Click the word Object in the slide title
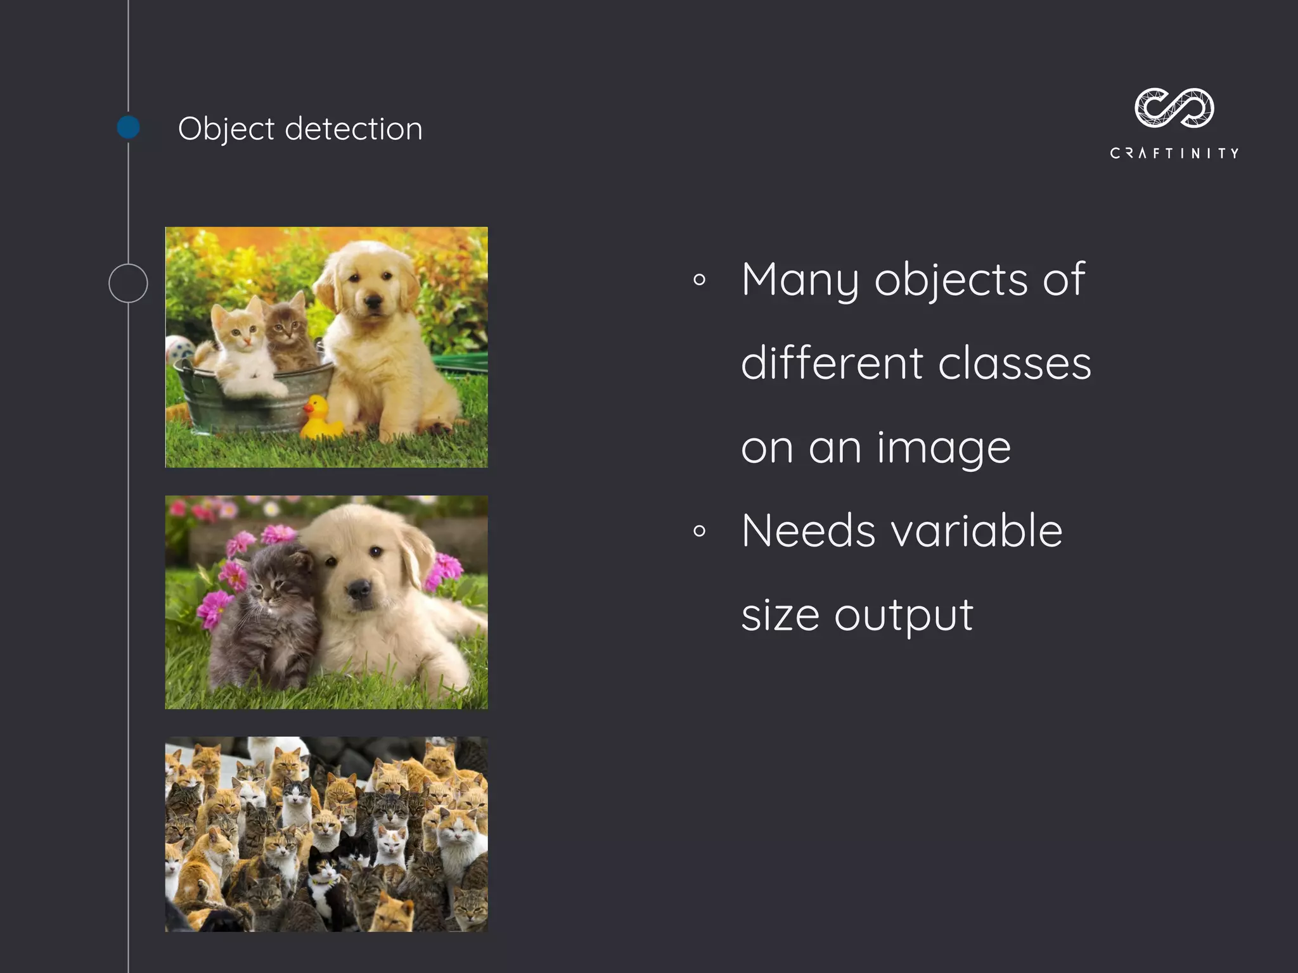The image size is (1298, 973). click(226, 130)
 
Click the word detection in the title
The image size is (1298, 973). click(354, 129)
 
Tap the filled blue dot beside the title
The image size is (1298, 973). click(129, 127)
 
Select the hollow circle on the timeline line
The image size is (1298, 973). click(128, 283)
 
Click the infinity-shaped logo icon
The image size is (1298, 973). click(1174, 108)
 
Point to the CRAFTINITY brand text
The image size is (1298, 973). click(1174, 153)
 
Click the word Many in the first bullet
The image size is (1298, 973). click(800, 280)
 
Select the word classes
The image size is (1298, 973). click(1014, 364)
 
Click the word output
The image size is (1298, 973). click(904, 616)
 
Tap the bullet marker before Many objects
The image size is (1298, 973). click(699, 279)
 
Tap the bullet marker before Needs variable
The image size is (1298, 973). click(699, 531)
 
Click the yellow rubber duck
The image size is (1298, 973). click(320, 418)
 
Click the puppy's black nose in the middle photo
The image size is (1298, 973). click(359, 589)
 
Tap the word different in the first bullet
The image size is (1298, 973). click(832, 364)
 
